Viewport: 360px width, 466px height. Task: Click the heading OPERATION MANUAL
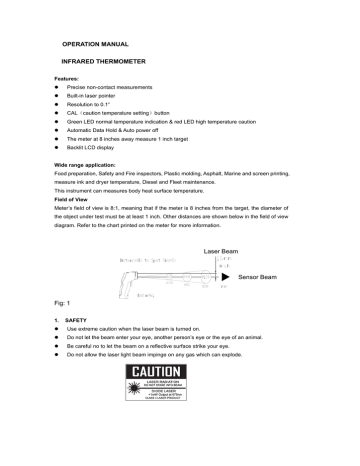coord(96,46)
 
